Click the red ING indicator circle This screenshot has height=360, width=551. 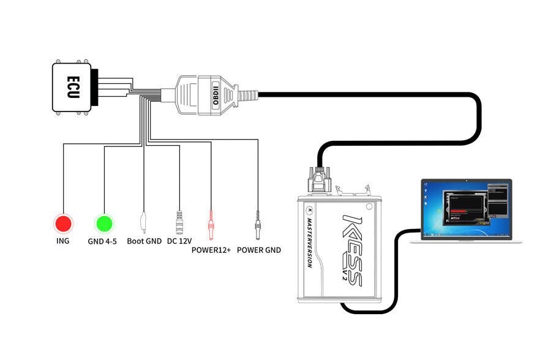[x=62, y=223]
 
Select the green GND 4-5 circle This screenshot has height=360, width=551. [x=103, y=223]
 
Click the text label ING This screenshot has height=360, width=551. [x=62, y=241]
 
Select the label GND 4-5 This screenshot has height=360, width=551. [x=102, y=241]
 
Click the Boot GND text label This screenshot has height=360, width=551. [x=144, y=241]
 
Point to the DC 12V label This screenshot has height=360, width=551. [x=180, y=241]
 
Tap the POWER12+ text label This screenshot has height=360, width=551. [x=211, y=250]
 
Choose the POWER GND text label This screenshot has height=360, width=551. [x=259, y=250]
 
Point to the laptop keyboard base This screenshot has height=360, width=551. [x=466, y=241]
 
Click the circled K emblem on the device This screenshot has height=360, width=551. [x=309, y=206]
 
